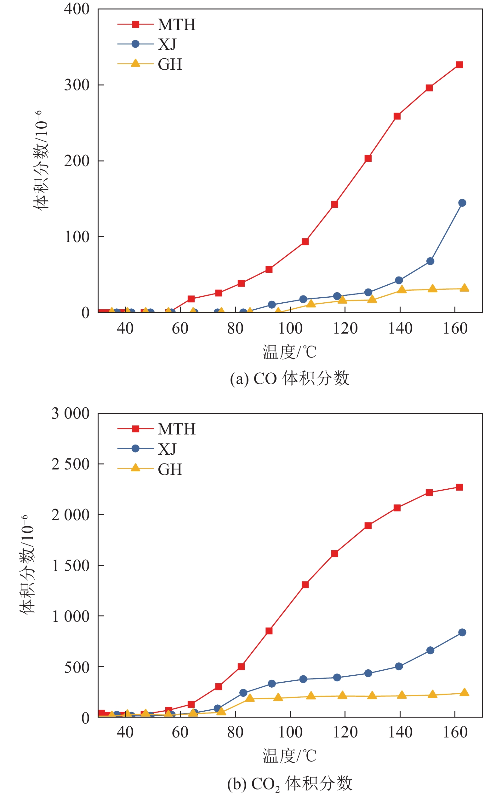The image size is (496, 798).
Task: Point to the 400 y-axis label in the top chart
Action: point(77,9)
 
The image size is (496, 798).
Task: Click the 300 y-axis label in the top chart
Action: point(77,85)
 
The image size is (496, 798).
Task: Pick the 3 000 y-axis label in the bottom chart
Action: point(71,413)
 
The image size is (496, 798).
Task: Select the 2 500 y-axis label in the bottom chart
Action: point(71,464)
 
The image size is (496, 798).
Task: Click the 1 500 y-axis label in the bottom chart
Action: point(71,566)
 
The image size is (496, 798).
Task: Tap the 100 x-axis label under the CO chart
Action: point(290,329)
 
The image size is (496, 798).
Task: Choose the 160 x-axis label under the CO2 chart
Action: point(455,732)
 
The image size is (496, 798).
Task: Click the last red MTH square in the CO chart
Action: point(459,65)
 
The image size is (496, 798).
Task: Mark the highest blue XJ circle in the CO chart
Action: point(462,203)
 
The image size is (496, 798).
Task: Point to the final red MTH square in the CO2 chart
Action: point(459,487)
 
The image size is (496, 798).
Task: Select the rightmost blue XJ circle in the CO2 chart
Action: point(462,632)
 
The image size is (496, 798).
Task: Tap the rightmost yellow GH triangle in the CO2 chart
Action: point(464,693)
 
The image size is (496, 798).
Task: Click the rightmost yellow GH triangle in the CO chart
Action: point(464,288)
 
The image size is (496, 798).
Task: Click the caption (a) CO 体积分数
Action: point(289,378)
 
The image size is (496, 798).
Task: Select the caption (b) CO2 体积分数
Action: point(289,783)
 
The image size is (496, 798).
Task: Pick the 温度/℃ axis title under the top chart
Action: point(289,352)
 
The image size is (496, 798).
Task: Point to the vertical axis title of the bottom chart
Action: point(27,565)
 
